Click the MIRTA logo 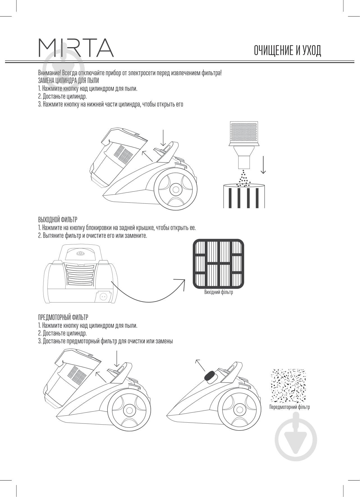point(76,48)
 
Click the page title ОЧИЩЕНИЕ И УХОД point(287,50)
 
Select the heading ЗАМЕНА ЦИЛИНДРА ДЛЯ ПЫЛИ point(68,81)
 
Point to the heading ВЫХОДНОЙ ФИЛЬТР point(58,219)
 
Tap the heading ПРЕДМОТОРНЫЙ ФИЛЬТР point(63,317)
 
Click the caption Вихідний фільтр point(219,292)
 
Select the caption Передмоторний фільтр point(290,407)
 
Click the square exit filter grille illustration point(218,264)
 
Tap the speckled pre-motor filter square point(288,386)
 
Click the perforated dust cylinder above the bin point(244,145)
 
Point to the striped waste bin point(244,196)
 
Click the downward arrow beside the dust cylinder point(263,165)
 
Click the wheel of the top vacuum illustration point(176,189)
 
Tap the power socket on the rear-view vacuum point(103,297)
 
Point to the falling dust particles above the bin point(243,178)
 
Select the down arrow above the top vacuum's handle point(163,138)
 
